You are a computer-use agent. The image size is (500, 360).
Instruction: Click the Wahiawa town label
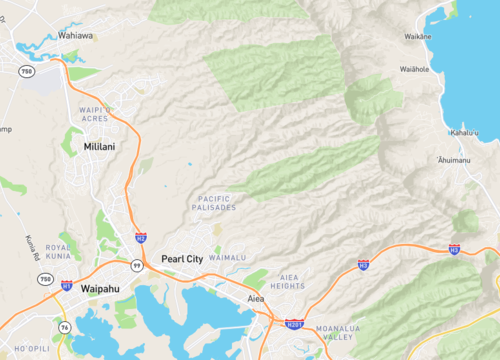coord(75,35)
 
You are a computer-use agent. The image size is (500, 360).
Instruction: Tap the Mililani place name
coord(100,147)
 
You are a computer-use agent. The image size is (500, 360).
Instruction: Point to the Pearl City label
coord(182,258)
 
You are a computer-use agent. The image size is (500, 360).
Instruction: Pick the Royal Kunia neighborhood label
coord(58,251)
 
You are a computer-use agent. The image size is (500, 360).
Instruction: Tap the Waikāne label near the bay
coord(417,37)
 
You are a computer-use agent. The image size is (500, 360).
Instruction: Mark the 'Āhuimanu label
coord(453,160)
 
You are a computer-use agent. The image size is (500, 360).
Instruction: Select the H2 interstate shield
coord(141,238)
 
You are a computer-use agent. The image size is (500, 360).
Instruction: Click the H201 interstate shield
coord(293,324)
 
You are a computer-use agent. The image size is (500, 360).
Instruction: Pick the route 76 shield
coord(63,328)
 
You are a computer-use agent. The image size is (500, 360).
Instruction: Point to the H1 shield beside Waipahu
coord(66,286)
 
